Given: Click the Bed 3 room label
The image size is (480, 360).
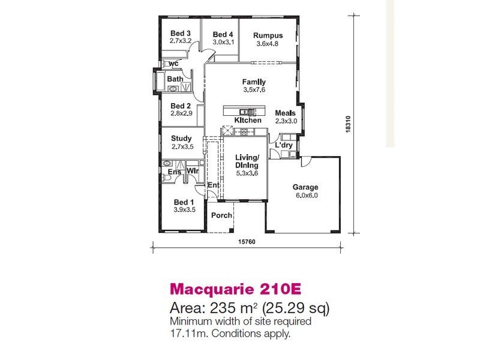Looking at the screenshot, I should coord(181,33).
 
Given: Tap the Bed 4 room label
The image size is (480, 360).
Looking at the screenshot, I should coord(223,34).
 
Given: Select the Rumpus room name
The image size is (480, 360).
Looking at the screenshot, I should coord(268,35).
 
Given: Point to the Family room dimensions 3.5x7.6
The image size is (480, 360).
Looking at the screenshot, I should coord(254,90).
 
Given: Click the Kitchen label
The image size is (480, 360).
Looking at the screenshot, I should coord(248,121).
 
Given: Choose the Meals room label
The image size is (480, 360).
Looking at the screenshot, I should coord(285,113).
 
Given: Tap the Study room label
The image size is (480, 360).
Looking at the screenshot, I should coord(181,139).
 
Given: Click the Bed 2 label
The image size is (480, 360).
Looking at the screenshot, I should coord(181,105).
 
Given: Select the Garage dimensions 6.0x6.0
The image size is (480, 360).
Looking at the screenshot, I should coord(305,195).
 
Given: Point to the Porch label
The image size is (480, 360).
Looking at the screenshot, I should coord(221,215).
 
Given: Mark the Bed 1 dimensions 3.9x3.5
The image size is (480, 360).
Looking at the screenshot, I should coord(184,210).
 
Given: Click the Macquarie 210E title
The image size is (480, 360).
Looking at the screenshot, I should coord(235,289).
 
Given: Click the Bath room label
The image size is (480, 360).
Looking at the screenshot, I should coord(175,79).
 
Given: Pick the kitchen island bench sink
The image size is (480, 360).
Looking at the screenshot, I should coord(245,112).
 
